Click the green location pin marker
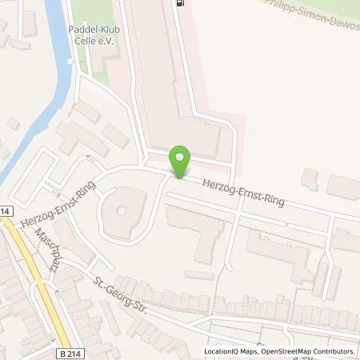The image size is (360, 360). click(181, 162)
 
